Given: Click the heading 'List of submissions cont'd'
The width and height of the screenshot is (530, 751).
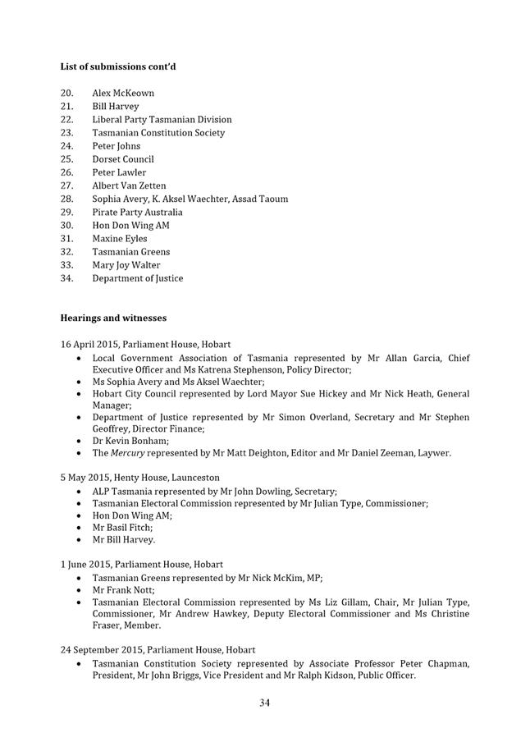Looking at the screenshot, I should (118, 66).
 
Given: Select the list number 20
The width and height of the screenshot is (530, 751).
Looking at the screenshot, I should (67, 93).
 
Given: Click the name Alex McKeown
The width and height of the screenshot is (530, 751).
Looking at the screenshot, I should (123, 93).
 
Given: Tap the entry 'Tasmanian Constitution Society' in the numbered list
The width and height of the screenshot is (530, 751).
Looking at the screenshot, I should (158, 133).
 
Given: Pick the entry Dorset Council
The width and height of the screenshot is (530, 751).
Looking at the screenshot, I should (123, 159).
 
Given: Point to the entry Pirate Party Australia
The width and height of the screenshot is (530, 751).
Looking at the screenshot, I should (137, 212).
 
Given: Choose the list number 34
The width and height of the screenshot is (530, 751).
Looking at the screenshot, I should (67, 278).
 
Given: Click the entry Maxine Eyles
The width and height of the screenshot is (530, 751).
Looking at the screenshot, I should (120, 239).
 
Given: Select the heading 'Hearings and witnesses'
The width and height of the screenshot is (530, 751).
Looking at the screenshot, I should (113, 318).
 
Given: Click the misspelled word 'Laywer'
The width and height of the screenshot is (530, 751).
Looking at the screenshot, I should (434, 452).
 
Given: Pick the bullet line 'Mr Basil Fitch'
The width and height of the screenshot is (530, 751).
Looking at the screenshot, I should (122, 527).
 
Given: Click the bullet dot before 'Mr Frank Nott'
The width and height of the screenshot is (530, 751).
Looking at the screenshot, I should (78, 590).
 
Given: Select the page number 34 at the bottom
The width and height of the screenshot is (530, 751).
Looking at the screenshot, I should (265, 703).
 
